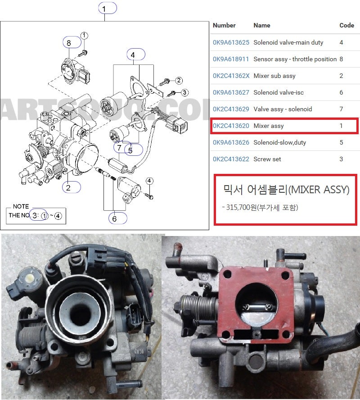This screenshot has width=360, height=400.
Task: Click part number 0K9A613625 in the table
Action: pos(231,42)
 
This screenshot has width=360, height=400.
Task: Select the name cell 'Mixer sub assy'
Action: pos(274,76)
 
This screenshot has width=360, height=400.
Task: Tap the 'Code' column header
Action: pos(346,25)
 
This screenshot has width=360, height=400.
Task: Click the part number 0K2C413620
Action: pos(231,126)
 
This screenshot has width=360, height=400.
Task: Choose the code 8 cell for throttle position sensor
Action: pos(342,59)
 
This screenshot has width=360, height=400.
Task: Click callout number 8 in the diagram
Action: pos(69,43)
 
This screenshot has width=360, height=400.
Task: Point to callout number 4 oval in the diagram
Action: pos(133,55)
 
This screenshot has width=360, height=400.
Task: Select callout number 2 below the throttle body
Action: pos(68,187)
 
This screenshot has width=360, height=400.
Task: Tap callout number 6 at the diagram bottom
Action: pos(115,218)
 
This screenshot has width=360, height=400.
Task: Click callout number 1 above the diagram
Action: pos(104,8)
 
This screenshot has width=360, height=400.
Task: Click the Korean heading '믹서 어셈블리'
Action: pos(254,190)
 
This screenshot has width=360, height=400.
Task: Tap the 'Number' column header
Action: pos(224,25)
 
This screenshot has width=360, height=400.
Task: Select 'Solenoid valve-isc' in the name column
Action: pos(279,92)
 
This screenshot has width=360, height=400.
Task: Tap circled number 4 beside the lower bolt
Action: pos(149,181)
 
